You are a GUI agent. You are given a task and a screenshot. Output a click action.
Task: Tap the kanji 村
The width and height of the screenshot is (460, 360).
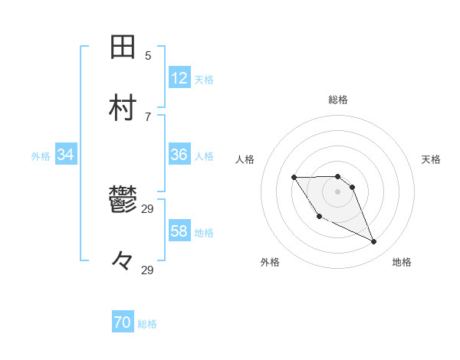click(x=123, y=109)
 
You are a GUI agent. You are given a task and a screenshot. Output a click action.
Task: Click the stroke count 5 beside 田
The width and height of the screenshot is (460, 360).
click(x=148, y=55)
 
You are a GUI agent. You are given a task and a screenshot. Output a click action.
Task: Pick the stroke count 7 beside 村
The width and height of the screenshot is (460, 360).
click(x=148, y=116)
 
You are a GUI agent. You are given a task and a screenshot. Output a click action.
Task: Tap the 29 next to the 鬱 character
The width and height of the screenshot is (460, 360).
click(x=148, y=208)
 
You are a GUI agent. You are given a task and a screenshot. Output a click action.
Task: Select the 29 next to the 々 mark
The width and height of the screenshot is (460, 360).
click(x=148, y=270)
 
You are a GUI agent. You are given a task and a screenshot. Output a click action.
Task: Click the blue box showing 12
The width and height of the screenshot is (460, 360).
click(x=179, y=78)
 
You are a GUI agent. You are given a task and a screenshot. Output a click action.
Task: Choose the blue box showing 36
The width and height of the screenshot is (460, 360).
click(x=179, y=155)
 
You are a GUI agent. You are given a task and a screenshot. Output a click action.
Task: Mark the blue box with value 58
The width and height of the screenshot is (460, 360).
click(x=179, y=231)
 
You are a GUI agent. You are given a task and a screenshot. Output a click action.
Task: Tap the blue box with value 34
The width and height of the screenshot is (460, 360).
click(x=66, y=155)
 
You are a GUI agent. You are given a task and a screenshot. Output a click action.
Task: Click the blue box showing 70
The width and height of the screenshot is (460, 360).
click(x=123, y=323)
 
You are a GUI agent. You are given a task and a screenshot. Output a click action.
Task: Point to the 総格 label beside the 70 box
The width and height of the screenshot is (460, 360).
click(x=147, y=324)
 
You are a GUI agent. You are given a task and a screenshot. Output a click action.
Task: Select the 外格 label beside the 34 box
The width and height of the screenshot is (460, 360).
click(x=41, y=155)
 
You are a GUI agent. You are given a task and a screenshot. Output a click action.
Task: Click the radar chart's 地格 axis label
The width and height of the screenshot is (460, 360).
click(x=402, y=263)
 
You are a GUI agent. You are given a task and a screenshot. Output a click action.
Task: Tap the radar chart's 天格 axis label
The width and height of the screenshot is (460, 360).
click(x=431, y=159)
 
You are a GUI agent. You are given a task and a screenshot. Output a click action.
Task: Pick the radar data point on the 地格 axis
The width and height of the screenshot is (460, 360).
click(x=374, y=242)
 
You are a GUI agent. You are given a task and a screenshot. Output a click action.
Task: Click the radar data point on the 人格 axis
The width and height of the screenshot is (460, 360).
click(x=294, y=178)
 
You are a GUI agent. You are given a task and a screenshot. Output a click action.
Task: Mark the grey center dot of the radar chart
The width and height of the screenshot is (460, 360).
click(x=338, y=191)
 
